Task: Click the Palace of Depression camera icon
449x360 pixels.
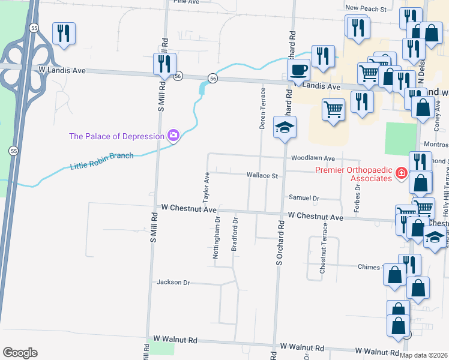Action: (x=173, y=136)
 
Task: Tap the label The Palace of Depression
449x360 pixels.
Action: (x=116, y=136)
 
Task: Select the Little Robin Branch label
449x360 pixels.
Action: (x=101, y=161)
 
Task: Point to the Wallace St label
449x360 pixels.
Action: (x=262, y=176)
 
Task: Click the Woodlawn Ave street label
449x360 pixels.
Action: (x=312, y=158)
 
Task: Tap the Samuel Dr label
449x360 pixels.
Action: (x=304, y=197)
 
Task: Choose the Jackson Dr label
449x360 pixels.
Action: (x=173, y=282)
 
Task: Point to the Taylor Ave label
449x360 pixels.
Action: (x=205, y=187)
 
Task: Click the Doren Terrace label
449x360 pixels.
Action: (x=262, y=109)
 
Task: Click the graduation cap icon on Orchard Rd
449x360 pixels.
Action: (x=285, y=127)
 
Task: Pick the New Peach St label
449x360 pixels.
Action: (x=365, y=9)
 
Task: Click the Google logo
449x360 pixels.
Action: (x=20, y=353)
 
